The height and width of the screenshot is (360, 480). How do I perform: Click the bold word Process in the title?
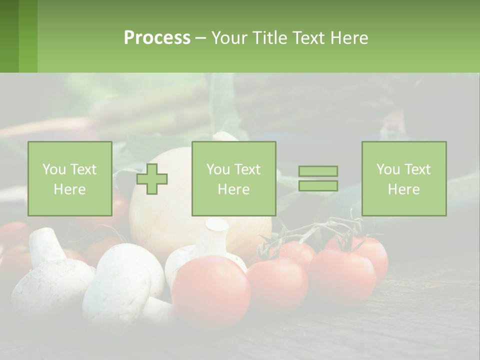tap(157, 38)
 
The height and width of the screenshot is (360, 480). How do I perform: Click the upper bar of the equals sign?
tap(318, 171)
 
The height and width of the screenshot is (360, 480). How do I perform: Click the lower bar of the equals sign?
tap(318, 186)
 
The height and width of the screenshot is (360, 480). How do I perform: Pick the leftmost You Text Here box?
tap(70, 179)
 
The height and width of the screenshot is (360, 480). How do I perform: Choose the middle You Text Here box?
tap(234, 179)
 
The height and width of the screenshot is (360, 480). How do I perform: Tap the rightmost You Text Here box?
tap(404, 179)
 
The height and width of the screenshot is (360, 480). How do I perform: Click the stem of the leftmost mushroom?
tap(46, 245)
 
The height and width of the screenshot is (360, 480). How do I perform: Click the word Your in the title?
tap(230, 38)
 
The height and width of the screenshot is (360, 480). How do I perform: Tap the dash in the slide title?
tap(200, 38)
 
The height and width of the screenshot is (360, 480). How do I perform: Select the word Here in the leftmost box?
tap(70, 189)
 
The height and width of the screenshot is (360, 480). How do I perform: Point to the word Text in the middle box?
tap(247, 169)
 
